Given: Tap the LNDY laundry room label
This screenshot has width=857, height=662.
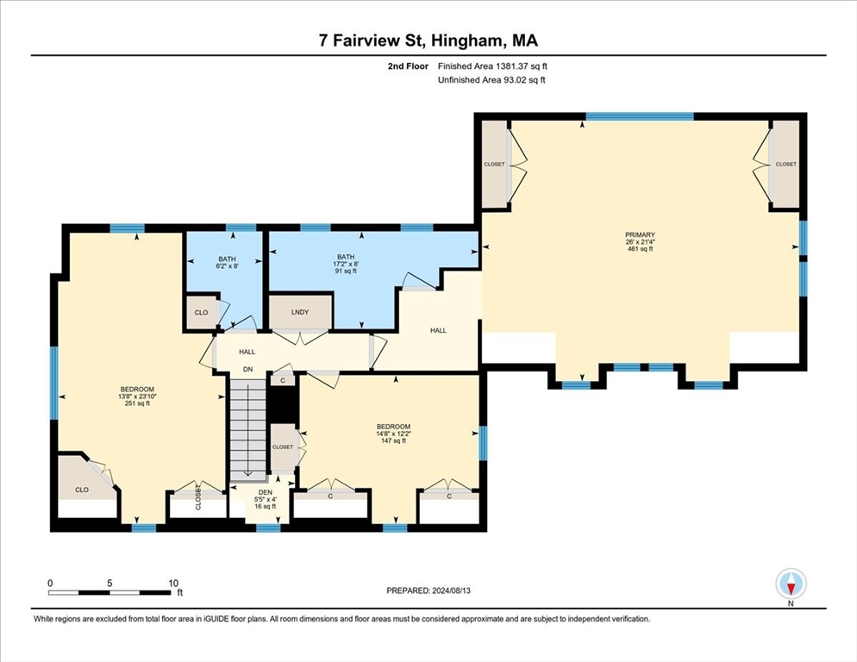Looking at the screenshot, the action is tap(300, 312).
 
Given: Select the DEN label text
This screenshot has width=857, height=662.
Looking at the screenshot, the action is tap(265, 492).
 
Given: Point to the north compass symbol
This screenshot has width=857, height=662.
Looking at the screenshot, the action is tap(791, 584).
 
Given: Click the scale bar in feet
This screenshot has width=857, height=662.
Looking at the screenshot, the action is tap(109, 592).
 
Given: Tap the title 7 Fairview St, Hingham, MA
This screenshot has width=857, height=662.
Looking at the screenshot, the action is tap(428, 41).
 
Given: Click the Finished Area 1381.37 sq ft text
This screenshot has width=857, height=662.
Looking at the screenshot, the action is tap(492, 66).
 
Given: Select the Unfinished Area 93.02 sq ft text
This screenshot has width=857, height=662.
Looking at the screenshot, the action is tap(492, 80).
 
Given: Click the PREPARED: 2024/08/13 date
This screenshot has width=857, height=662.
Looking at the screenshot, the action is tap(428, 590).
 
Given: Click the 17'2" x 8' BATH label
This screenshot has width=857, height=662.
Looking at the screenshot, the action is tap(346, 264).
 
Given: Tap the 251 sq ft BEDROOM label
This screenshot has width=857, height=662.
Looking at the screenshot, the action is tap(137, 397).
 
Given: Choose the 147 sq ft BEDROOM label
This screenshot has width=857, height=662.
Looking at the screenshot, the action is tap(393, 434).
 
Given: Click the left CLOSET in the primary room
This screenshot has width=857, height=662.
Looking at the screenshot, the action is tap(494, 164).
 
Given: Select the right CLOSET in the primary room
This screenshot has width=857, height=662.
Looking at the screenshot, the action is tap(786, 164).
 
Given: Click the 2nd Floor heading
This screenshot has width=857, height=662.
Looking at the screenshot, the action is tap(408, 66).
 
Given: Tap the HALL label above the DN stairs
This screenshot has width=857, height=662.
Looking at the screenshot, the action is tap(247, 352).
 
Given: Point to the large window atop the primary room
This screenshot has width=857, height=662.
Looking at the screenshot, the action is tap(640, 116).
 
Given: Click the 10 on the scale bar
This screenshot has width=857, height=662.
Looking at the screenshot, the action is tap(173, 584).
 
